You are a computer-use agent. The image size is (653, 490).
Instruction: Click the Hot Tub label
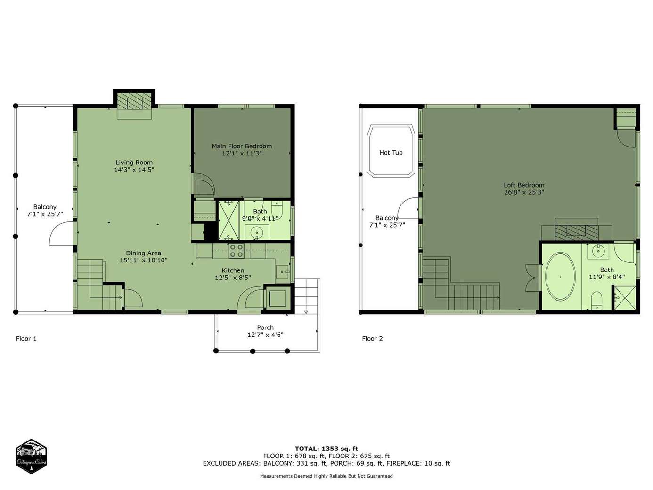click(391, 153)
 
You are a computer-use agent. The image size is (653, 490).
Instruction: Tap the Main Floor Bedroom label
click(242, 146)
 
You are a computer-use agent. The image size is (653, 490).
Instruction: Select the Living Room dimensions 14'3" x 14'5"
click(134, 170)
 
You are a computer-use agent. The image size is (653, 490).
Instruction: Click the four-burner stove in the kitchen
click(236, 251)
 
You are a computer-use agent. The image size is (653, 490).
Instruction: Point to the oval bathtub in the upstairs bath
click(560, 277)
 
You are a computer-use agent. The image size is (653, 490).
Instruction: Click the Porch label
click(265, 327)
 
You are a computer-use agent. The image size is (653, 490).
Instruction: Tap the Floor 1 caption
click(26, 339)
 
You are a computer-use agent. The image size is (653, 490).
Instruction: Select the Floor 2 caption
click(372, 339)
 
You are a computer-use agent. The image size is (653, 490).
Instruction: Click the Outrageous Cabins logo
click(31, 456)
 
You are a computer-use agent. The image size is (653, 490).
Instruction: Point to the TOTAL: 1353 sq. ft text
click(326, 449)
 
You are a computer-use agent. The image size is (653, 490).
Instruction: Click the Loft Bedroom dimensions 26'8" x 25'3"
click(524, 192)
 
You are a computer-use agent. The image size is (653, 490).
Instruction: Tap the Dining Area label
click(143, 253)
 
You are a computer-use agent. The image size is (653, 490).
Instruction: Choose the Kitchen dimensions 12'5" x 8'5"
click(233, 278)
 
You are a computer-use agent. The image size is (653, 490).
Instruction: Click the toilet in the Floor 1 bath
click(277, 210)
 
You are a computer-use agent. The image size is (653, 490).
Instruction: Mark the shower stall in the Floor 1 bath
click(229, 220)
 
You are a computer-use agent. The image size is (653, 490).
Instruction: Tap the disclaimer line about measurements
click(326, 476)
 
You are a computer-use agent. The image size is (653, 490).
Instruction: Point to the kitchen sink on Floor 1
click(282, 271)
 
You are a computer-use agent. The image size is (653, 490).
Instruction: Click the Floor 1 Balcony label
click(45, 207)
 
